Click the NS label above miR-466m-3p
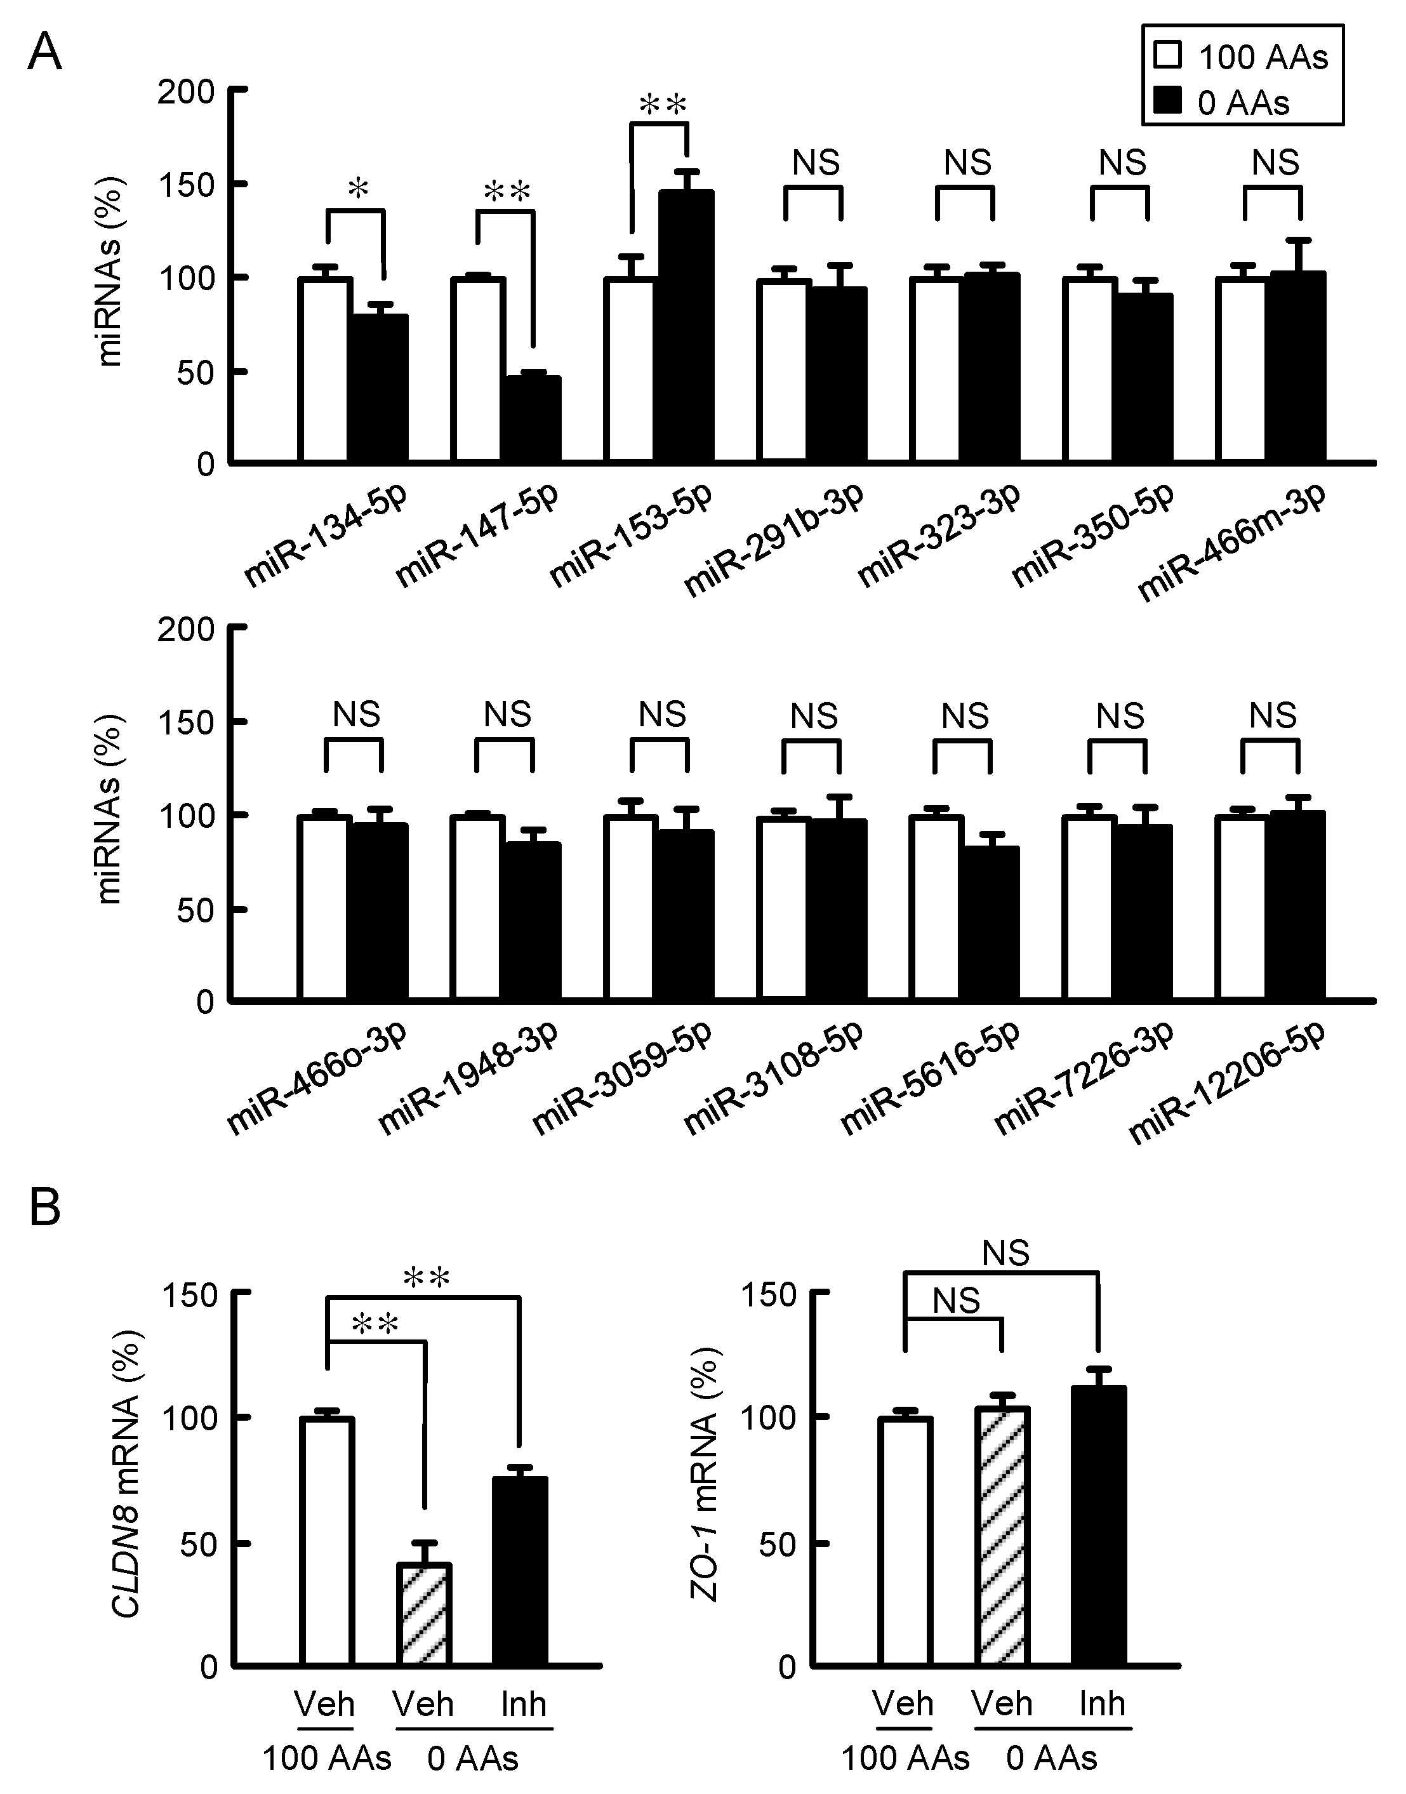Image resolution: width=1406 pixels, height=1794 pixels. click(1275, 163)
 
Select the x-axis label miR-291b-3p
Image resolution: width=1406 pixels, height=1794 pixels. click(774, 539)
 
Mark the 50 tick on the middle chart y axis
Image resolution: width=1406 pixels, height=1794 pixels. click(197, 909)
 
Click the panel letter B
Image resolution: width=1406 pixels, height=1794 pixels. click(45, 1209)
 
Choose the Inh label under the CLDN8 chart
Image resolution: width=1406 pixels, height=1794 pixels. click(524, 1703)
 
